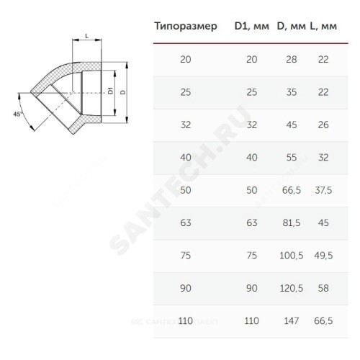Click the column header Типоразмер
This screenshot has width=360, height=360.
click(186, 27)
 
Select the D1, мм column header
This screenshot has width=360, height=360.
click(252, 26)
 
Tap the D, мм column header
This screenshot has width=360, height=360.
click(292, 26)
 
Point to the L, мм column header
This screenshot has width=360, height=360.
click(323, 26)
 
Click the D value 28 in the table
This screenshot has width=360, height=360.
click(292, 59)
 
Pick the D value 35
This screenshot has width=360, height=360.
click(292, 92)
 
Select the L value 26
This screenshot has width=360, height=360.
click(323, 125)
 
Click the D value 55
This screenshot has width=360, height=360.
click(292, 158)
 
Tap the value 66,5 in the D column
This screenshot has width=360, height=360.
click(292, 190)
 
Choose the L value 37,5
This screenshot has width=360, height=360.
click(323, 190)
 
